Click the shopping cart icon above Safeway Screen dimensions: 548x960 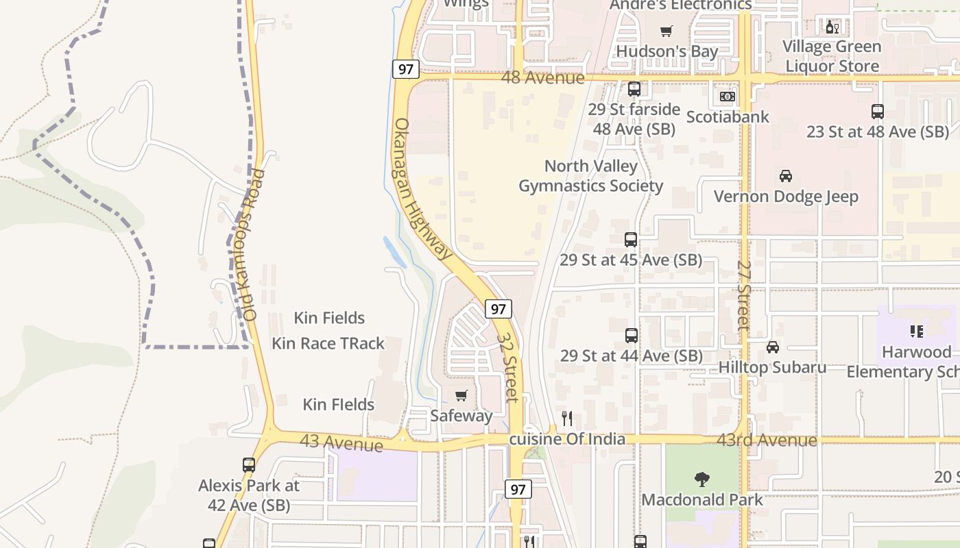point(461,395)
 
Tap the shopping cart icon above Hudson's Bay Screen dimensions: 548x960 point(665,31)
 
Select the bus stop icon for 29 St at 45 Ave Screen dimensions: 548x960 point(631,240)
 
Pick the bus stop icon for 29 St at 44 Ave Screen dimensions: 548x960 point(632,336)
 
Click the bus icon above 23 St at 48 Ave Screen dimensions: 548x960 point(877,111)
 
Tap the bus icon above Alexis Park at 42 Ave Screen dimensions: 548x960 point(248,464)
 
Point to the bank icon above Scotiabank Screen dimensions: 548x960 point(728,97)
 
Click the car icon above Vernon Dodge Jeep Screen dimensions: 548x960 point(786,176)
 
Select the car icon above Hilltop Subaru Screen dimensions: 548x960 point(773,347)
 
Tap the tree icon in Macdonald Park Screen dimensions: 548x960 point(701,479)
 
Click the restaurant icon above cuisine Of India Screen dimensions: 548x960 point(567,419)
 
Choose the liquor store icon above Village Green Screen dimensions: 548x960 point(832,27)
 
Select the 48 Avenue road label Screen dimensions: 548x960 point(542,77)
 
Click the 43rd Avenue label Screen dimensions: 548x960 point(767,440)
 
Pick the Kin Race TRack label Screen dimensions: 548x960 point(328,343)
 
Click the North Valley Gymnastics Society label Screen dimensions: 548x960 point(590,176)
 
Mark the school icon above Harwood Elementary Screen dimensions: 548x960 point(916,332)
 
